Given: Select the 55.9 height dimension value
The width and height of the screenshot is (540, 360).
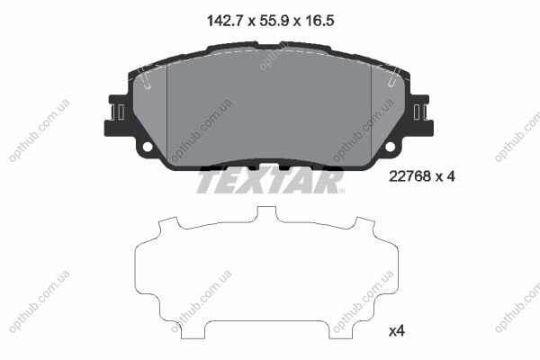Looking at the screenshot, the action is tap(274, 21).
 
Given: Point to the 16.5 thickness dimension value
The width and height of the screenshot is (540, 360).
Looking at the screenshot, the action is tap(319, 21).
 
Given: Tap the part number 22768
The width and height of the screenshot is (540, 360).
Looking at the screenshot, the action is tap(409, 176).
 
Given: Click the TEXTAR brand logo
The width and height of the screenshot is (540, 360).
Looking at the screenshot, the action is tap(270, 181).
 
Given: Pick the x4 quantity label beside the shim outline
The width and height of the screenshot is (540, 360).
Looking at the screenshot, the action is tap(397, 331).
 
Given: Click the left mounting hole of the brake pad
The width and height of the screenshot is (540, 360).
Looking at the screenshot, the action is tap(148, 147).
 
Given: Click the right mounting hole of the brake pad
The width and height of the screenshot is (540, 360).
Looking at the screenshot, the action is tap(391, 147).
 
